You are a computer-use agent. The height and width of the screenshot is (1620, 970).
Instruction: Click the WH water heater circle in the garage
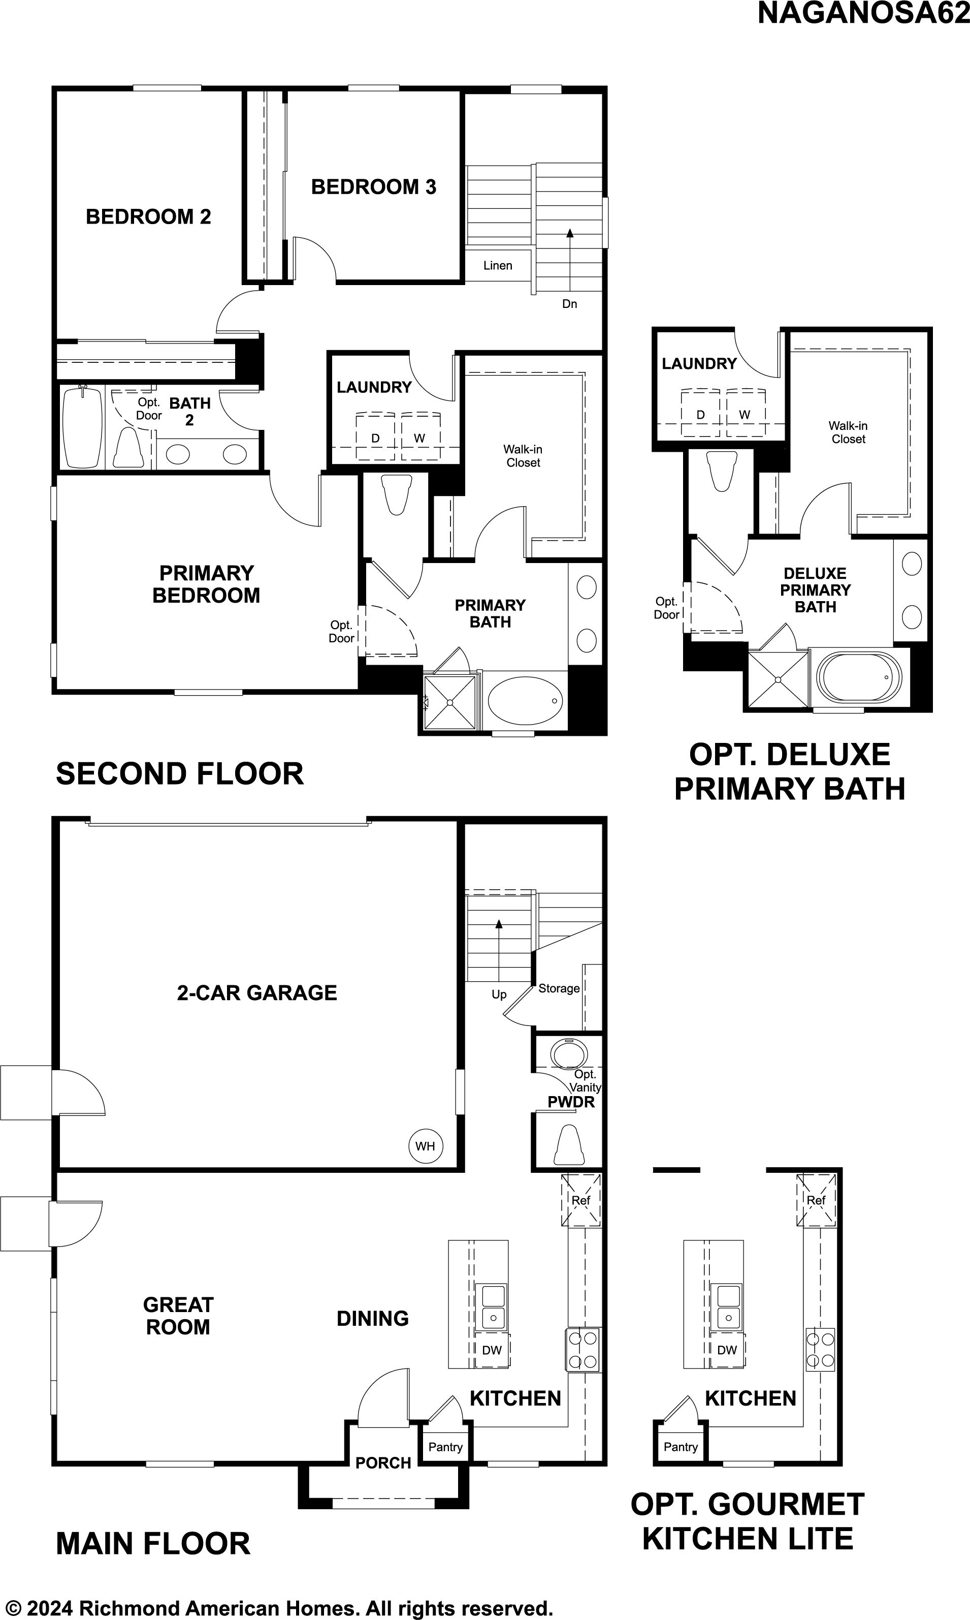coord(426,1145)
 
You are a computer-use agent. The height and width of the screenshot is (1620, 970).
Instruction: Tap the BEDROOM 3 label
coord(373,187)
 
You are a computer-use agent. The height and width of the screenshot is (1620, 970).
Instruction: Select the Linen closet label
coord(498,266)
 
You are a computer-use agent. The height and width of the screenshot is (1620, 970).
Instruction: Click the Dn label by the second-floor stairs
coord(570,303)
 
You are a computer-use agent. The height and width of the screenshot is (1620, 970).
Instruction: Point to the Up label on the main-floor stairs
coord(499,994)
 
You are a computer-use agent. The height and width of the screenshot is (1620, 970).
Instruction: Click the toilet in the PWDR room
coord(567,1144)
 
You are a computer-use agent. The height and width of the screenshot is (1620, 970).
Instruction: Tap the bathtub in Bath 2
coord(82,426)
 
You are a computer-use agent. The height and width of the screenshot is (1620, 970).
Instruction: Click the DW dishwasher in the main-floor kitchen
coord(492,1350)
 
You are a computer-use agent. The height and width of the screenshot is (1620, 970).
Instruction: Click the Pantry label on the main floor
coord(445,1447)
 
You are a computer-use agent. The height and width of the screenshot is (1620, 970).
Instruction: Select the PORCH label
coord(383,1462)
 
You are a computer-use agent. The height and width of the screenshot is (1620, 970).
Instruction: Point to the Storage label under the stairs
coord(559,988)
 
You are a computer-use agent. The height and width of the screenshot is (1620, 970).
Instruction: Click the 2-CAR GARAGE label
coord(257,993)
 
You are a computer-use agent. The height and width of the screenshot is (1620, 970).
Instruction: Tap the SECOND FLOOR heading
coord(180,774)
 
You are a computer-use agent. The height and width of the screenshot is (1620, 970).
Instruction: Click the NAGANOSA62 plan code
coord(863,13)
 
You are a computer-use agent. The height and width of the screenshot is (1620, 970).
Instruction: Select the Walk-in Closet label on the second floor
coord(523,456)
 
